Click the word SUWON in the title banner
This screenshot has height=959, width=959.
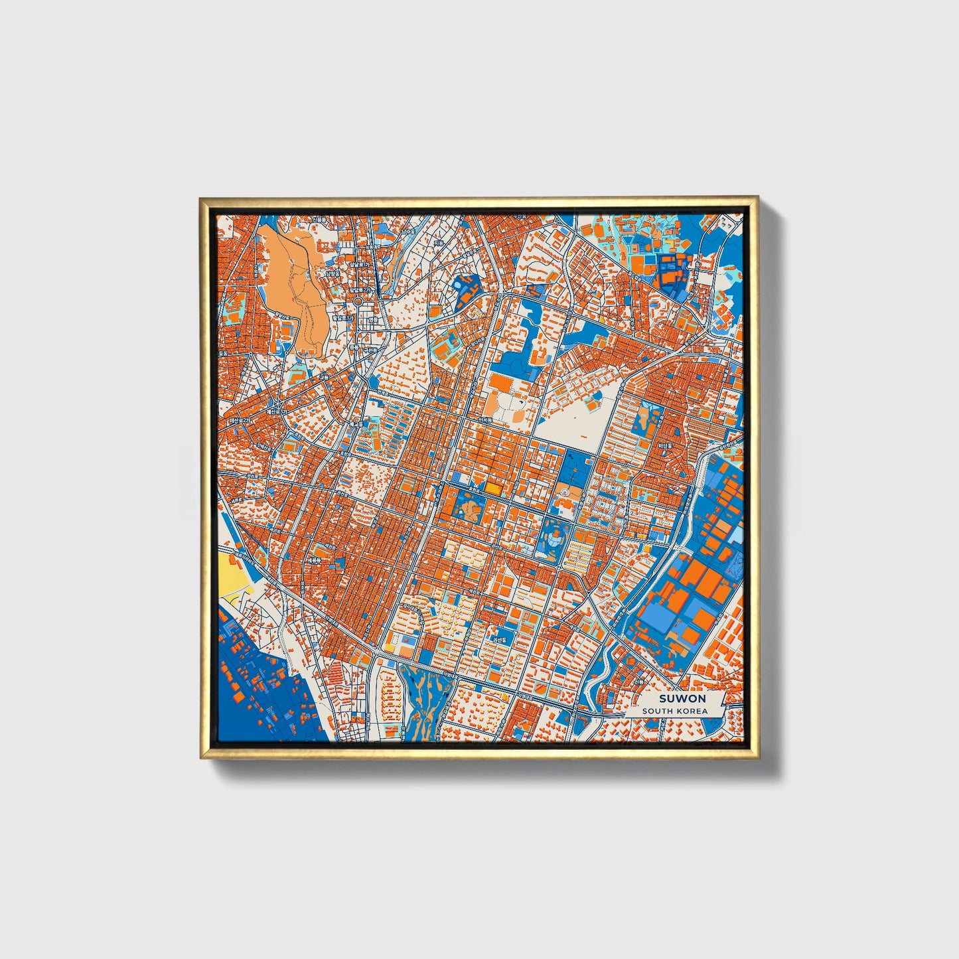(x=682, y=699)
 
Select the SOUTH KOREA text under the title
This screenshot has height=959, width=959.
(x=674, y=711)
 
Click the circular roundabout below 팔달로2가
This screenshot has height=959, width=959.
(x=358, y=301)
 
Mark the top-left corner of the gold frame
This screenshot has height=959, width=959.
(x=200, y=197)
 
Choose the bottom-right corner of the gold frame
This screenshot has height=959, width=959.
(x=757, y=758)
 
